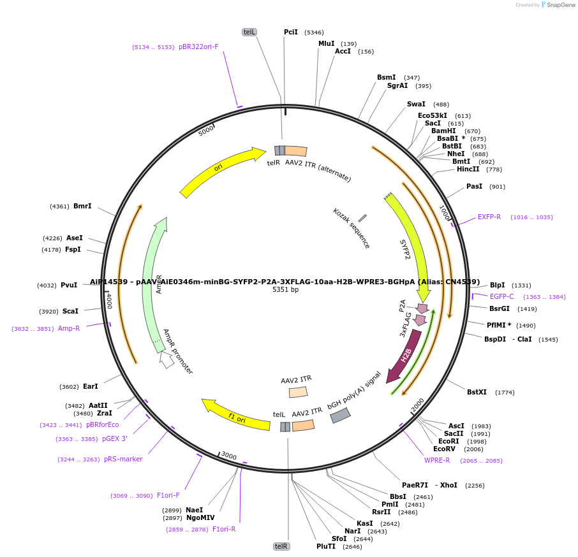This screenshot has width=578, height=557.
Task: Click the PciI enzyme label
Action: (291, 32)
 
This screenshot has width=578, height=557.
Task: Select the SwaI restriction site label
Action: (416, 104)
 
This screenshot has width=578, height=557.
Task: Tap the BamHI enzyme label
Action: (443, 131)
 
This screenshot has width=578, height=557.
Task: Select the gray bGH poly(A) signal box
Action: (340, 416)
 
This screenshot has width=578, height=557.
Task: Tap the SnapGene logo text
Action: (558, 5)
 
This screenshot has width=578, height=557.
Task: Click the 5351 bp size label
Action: (285, 289)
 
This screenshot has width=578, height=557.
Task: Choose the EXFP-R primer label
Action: (489, 217)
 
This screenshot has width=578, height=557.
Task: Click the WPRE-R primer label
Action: (437, 460)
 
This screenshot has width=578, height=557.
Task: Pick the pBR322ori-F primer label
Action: (198, 47)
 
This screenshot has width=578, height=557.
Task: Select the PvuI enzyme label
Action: (69, 285)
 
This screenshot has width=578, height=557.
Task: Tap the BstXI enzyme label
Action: (477, 392)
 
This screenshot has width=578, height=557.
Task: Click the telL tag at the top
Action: (249, 32)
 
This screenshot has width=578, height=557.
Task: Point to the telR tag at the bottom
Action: (281, 546)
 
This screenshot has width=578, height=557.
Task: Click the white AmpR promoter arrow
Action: (167, 360)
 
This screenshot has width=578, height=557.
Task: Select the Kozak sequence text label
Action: (352, 228)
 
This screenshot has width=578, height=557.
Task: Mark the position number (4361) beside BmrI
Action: (59, 206)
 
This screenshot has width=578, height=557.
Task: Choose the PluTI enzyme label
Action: (325, 546)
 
